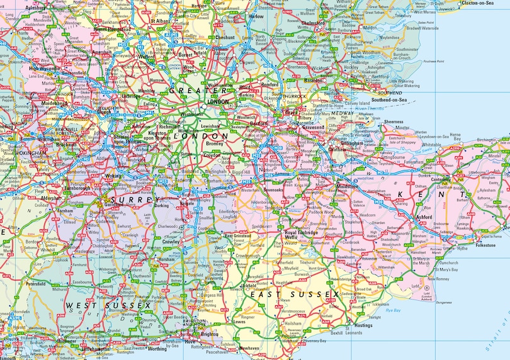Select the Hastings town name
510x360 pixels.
click(364, 325)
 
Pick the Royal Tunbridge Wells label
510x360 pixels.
click(299, 235)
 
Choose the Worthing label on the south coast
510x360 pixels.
click(157, 348)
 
